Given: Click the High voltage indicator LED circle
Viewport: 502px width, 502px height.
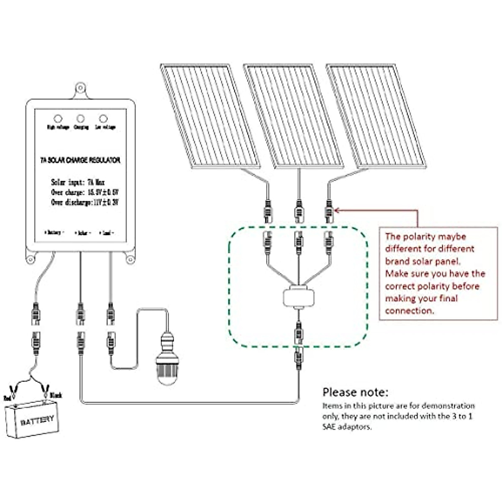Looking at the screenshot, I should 58,119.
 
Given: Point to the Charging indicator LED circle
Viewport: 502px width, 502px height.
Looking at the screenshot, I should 81,119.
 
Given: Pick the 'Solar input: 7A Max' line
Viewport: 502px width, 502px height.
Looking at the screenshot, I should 78,182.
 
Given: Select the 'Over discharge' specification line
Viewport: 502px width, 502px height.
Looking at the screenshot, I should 85,202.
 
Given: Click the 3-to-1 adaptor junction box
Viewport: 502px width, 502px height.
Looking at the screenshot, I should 298,297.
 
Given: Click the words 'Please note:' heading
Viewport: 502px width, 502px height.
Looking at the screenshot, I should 355,392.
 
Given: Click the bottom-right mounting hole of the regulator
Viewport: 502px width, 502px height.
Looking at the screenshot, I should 130,259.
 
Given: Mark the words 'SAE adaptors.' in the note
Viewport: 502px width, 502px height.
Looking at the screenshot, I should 347,427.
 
